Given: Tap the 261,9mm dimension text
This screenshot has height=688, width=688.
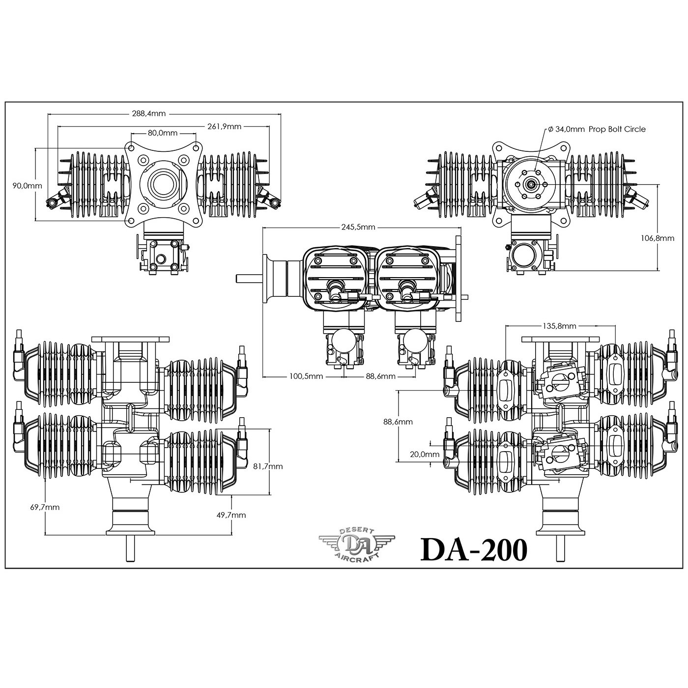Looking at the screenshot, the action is (225, 126).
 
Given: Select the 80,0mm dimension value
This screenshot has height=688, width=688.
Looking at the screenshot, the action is (163, 133).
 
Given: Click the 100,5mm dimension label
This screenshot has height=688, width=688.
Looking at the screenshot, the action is (306, 376).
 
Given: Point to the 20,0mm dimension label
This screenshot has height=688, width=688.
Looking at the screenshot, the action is (425, 455).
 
